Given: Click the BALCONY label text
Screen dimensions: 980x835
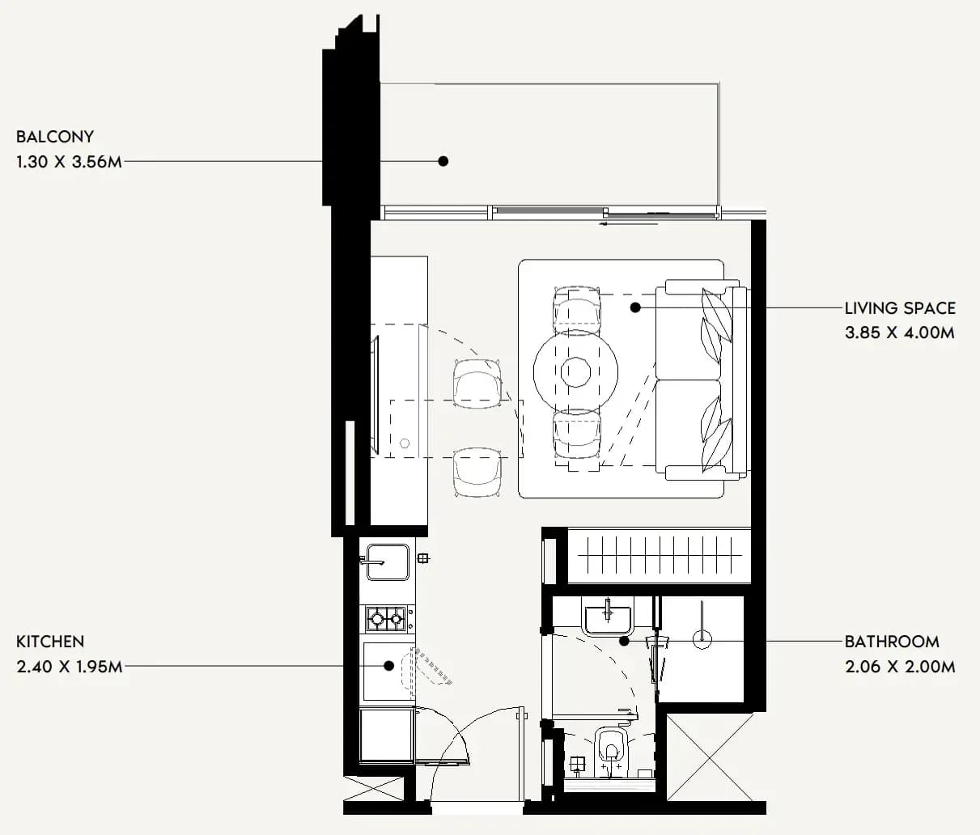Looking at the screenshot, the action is click(x=55, y=137).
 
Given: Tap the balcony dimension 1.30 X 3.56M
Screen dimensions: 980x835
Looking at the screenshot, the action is click(x=70, y=162).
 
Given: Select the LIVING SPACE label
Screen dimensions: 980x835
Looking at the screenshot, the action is click(x=900, y=308).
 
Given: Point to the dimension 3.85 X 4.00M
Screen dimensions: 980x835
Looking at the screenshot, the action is click(x=899, y=333).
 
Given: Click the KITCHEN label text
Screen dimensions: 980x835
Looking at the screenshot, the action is click(x=50, y=642).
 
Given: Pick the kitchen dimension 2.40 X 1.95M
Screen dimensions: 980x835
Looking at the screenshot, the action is click(x=70, y=667).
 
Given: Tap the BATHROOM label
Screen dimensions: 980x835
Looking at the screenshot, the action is click(x=892, y=642).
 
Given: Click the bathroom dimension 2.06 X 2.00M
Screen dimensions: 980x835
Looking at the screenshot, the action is click(x=900, y=667).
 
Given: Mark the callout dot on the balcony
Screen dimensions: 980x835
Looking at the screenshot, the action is click(x=443, y=161).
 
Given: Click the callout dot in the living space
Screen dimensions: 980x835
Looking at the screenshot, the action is click(x=635, y=307).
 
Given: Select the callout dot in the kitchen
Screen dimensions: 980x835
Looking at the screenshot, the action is click(x=388, y=666).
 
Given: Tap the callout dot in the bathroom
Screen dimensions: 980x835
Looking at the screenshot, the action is click(x=625, y=641).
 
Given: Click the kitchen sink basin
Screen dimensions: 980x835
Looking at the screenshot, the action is click(x=388, y=562).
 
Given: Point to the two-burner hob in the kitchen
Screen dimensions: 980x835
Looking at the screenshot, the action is click(x=386, y=618).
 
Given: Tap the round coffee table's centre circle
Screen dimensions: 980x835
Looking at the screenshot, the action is click(x=575, y=372).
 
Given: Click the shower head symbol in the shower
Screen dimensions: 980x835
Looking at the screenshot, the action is click(x=702, y=638).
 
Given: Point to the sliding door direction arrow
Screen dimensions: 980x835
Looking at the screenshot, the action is click(x=629, y=224).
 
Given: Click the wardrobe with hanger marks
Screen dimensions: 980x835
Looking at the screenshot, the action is click(x=660, y=555).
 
